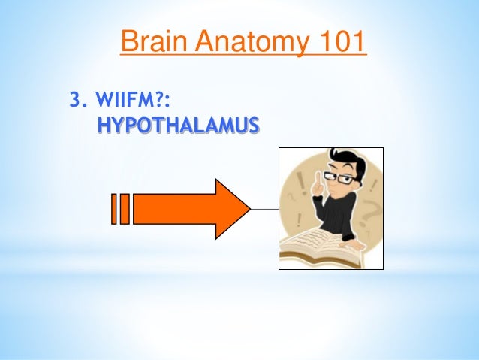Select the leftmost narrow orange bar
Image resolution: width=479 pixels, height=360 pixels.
(x=114, y=209)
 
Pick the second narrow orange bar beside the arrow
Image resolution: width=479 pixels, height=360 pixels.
(x=125, y=209)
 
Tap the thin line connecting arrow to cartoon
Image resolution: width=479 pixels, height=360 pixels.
(x=264, y=209)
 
